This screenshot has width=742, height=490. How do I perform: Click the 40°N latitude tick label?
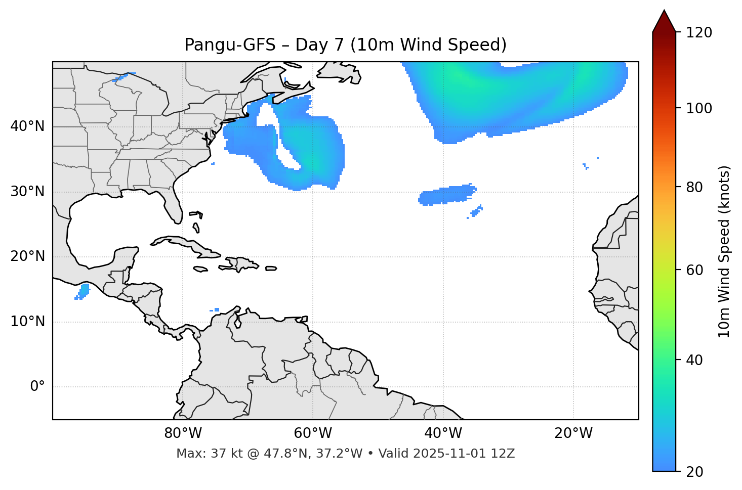[x=27, y=126]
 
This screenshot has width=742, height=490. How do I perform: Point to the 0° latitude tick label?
[x=37, y=387]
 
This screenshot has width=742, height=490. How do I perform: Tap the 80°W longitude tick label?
[x=183, y=433]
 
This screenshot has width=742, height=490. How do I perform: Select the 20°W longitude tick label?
[x=573, y=433]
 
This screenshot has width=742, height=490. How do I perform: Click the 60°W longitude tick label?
[x=313, y=433]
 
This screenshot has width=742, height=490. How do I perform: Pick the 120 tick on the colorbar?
[x=699, y=32]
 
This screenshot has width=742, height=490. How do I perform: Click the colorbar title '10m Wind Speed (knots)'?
[x=724, y=251]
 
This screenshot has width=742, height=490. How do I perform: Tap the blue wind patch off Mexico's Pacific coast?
[x=83, y=292]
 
